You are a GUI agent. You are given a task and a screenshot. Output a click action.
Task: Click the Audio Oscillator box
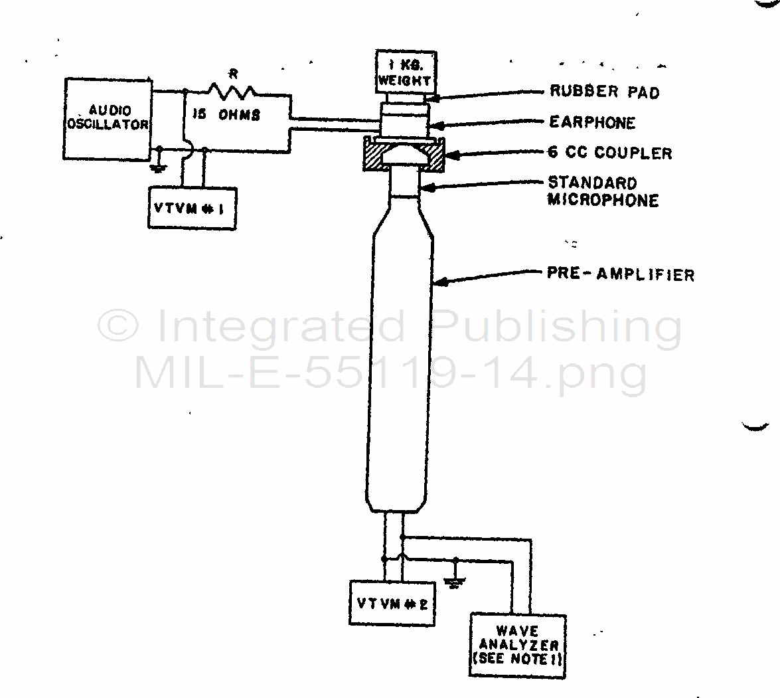point(108,119)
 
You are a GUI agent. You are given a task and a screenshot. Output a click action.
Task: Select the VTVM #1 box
point(192,209)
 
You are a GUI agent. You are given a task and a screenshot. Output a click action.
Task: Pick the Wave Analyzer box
point(518,645)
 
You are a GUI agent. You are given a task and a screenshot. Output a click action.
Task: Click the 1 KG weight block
point(406,72)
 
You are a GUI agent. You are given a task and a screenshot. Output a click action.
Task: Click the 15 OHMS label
point(226,115)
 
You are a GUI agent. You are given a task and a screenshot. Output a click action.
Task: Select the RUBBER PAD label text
point(604,92)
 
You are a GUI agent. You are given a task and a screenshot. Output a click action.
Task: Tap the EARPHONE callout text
point(591,122)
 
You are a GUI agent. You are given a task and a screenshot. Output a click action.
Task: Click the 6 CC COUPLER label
point(609,153)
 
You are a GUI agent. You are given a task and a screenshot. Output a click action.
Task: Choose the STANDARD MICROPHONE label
point(601,191)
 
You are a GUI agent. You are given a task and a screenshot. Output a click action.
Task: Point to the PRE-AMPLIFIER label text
point(620,274)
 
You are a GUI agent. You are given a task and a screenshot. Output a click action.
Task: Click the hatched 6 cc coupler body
point(373,158)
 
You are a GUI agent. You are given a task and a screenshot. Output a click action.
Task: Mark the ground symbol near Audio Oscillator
point(159,167)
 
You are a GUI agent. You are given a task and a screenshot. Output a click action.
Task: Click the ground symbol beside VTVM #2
point(456,583)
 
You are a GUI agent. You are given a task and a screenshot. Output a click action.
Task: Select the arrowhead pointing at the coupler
point(451,156)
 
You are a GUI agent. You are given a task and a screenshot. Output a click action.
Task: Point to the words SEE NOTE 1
point(517,659)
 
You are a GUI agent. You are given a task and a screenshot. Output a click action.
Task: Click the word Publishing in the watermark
point(561,327)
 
